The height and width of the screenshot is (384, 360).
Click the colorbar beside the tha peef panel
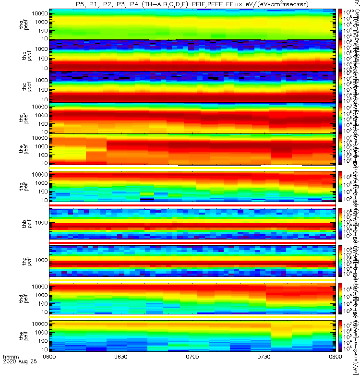340,24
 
